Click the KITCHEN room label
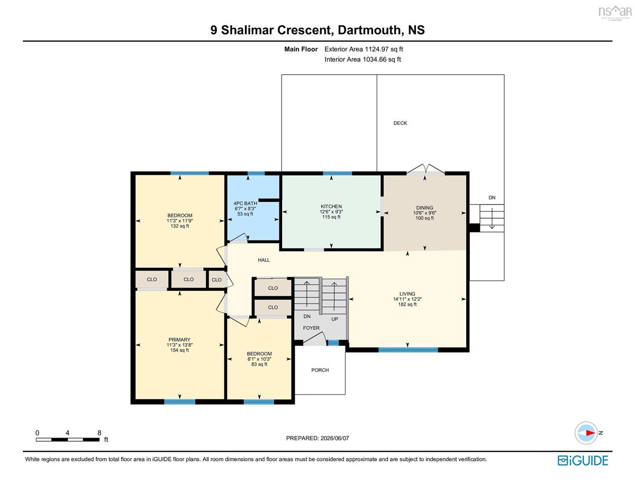coord(331,207)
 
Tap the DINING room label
coord(424,208)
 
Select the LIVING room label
coord(407,293)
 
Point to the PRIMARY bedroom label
coord(179,340)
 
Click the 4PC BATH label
coord(245,203)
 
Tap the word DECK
coord(400,123)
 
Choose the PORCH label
coord(320,370)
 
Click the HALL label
coord(264,260)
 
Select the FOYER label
coord(311,328)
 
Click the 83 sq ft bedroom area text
coord(259,364)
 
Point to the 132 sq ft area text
coord(180,226)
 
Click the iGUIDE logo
coord(583,460)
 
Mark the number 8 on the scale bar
coord(99,433)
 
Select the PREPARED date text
coord(317,438)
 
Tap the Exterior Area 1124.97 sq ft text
coord(364,49)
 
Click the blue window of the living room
coord(408,350)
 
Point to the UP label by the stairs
coord(334,319)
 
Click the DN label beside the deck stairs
coord(492,198)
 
